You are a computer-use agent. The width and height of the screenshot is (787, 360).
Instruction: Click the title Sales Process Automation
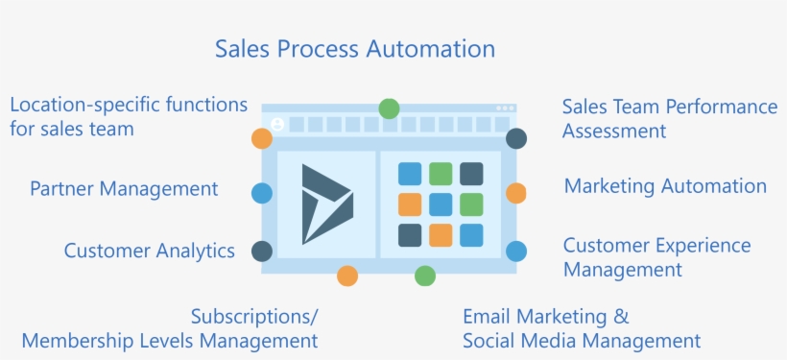[x=355, y=49]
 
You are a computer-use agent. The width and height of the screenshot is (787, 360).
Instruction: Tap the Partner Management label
[x=124, y=188]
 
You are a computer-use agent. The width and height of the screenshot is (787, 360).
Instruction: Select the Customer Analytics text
[x=150, y=251]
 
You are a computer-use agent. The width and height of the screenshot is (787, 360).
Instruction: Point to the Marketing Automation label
[x=665, y=186]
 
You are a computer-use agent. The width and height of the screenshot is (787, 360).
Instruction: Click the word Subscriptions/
[x=254, y=316]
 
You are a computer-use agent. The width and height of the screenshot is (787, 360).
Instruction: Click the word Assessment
[x=614, y=131]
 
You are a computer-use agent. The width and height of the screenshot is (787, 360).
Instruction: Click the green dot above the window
[x=389, y=108]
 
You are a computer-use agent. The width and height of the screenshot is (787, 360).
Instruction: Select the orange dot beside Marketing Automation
[x=516, y=193]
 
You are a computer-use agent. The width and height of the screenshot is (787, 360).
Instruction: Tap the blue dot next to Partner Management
[x=261, y=193]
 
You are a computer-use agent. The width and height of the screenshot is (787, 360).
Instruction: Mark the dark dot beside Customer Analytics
[x=261, y=252]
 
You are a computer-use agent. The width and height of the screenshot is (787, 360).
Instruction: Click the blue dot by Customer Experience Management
[x=516, y=252]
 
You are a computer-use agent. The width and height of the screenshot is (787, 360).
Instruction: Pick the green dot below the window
[x=425, y=276]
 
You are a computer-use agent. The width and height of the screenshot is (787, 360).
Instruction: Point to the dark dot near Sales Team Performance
[x=516, y=138]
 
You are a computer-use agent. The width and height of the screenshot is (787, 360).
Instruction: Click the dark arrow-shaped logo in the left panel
[x=326, y=204]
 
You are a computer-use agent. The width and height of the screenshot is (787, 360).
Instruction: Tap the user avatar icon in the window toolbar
[x=277, y=125]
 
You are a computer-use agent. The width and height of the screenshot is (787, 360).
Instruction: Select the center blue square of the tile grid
[x=441, y=204]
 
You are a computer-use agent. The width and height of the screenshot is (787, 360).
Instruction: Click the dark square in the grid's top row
[x=471, y=174]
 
